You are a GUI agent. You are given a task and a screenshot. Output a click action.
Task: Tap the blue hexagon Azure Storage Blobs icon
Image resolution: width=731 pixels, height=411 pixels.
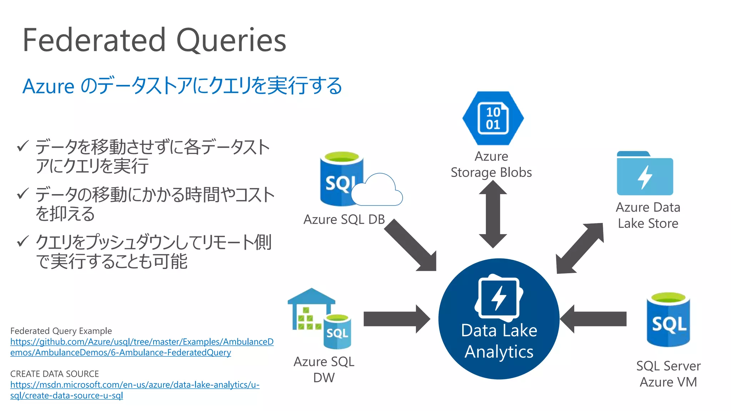493,118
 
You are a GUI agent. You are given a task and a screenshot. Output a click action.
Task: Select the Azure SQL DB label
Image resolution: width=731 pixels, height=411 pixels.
344,219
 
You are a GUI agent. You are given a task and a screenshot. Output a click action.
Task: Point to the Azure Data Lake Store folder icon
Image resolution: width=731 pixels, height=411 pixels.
645,174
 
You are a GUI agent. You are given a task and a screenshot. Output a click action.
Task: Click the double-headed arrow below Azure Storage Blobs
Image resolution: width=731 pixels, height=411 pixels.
493,214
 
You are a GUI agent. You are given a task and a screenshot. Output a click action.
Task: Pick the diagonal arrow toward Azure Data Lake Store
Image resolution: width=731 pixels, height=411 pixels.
580,248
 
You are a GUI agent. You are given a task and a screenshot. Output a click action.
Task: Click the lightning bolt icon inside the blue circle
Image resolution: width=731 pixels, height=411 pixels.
499,298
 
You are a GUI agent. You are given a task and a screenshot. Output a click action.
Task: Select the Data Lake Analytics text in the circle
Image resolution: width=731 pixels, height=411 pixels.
499,341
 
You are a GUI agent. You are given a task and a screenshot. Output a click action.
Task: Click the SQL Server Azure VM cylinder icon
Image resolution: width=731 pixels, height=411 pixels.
668,320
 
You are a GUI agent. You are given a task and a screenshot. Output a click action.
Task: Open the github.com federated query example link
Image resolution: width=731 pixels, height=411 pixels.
142,347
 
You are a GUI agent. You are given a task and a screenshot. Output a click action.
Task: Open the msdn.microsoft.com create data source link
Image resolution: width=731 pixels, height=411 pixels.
135,390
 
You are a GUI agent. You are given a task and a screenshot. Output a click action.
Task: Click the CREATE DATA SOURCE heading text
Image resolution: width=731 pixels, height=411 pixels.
54,374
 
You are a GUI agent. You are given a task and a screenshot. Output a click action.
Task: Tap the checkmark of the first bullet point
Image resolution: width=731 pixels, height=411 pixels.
22,146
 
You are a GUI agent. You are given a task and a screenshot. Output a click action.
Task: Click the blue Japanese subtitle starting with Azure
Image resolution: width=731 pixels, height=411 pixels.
182,86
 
